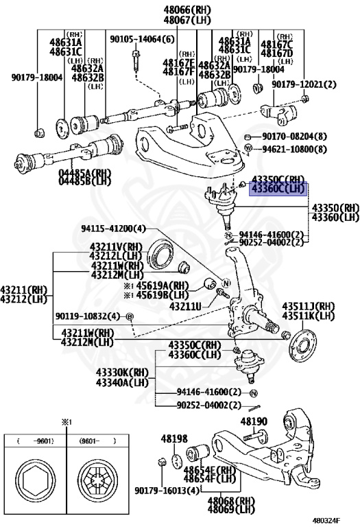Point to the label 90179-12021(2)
[304, 84]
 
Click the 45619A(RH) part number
[160, 286]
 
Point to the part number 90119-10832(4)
[87, 316]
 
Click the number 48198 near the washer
[174, 438]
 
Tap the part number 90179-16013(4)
[168, 491]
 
